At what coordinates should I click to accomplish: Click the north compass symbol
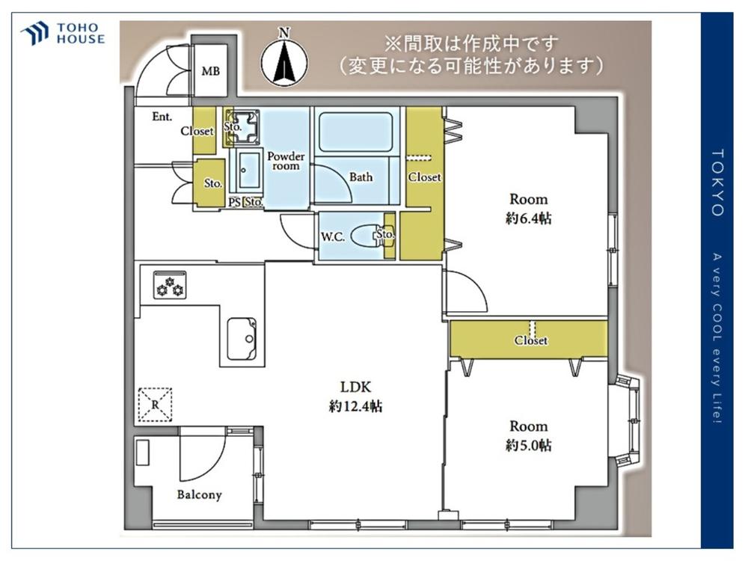click(x=283, y=58)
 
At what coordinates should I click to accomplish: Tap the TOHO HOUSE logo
click(x=63, y=34)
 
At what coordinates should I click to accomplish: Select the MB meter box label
click(x=210, y=72)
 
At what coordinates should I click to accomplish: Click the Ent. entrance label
click(x=162, y=117)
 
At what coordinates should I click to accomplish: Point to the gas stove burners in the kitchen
click(x=170, y=285)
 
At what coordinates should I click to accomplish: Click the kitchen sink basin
click(x=242, y=339)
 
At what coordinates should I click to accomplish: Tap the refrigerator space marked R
click(x=155, y=405)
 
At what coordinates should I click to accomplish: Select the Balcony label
click(x=200, y=494)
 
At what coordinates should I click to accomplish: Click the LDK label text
click(x=355, y=387)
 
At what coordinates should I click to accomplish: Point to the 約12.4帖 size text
click(x=355, y=406)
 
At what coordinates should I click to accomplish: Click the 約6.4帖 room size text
click(x=529, y=218)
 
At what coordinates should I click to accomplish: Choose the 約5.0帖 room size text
click(x=529, y=446)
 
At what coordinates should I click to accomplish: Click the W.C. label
click(x=333, y=236)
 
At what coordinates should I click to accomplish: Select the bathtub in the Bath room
click(x=355, y=132)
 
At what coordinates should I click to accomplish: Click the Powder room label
click(x=286, y=162)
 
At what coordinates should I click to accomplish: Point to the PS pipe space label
click(x=234, y=202)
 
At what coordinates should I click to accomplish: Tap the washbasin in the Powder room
click(x=249, y=170)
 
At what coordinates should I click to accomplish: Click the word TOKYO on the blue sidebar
click(x=717, y=183)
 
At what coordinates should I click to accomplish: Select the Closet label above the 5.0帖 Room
click(x=531, y=340)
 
